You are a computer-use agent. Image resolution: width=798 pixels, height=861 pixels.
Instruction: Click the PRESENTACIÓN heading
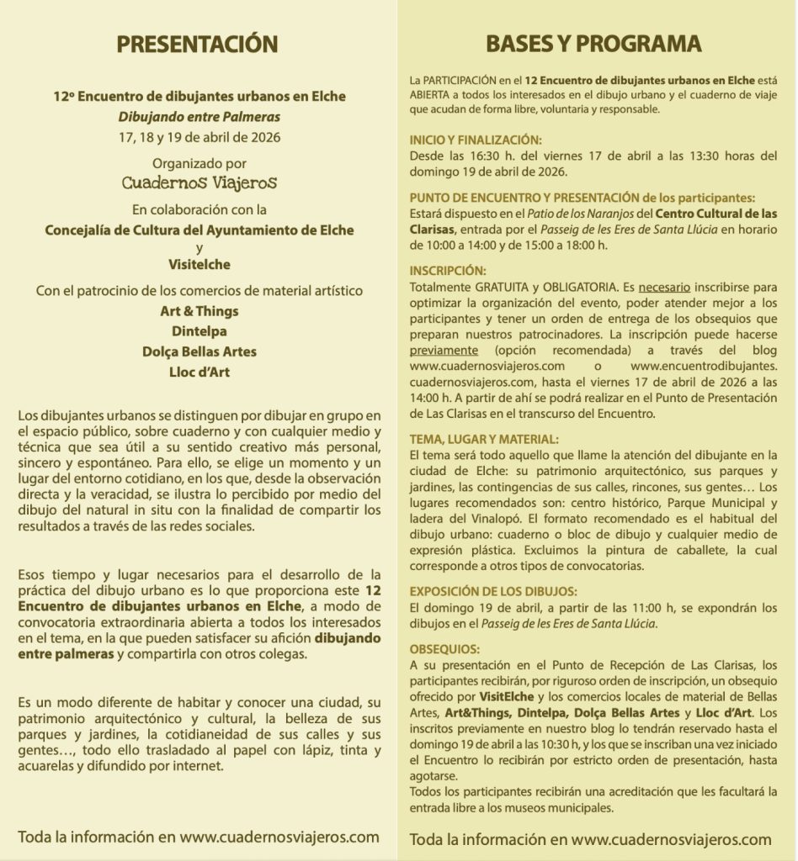point(199,44)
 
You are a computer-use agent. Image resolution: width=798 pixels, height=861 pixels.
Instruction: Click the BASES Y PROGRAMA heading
point(593,44)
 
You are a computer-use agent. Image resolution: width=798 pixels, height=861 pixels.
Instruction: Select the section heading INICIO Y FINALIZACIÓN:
point(476,140)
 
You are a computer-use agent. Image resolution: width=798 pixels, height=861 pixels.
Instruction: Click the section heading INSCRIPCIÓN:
point(448,272)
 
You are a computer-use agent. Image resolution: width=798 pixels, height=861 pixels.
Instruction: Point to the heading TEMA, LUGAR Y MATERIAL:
point(482,438)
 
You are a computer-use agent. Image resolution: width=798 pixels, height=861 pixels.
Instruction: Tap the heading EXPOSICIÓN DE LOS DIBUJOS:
point(493,591)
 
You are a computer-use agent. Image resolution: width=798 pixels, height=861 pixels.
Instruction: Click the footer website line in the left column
point(199,837)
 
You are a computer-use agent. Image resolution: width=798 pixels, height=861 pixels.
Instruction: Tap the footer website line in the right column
point(591,838)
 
